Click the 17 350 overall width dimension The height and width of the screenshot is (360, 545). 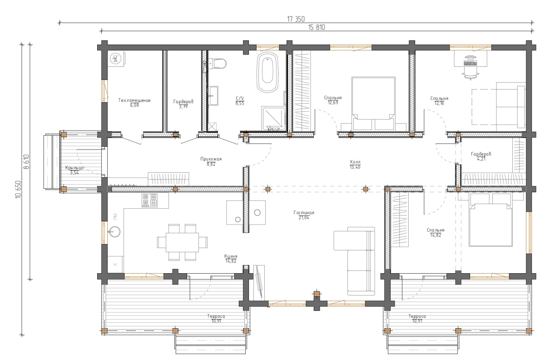(296, 19)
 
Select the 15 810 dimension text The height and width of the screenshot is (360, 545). (317, 27)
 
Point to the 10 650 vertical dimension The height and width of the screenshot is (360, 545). (19, 189)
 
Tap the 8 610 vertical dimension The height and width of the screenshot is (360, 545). (26, 162)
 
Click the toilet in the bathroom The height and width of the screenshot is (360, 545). (218, 64)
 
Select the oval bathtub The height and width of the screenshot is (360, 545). (268, 72)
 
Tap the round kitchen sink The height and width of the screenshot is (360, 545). (114, 232)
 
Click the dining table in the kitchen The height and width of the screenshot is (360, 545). (182, 242)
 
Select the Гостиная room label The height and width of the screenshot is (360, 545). (304, 213)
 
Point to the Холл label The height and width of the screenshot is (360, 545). (355, 162)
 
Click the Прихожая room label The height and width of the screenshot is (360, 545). (211, 159)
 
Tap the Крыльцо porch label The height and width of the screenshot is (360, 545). (74, 168)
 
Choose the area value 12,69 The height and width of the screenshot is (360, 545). (333, 103)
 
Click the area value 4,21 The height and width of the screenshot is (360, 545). (481, 159)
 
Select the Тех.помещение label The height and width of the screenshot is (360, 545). (134, 100)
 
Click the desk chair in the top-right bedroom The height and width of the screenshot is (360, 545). (471, 73)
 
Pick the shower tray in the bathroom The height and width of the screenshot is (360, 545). (273, 118)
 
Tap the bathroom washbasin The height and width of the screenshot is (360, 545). (213, 96)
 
